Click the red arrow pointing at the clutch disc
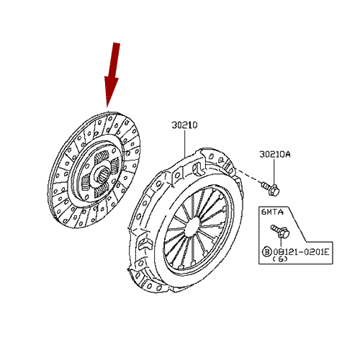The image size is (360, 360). click(x=112, y=74)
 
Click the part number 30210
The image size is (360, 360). click(x=184, y=125)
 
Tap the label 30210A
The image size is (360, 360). click(x=274, y=154)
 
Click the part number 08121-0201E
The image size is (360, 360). click(x=301, y=252)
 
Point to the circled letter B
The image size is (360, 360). click(x=266, y=252)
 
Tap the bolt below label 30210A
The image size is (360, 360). click(x=271, y=189)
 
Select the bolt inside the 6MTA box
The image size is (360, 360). click(x=280, y=231)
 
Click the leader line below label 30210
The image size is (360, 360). click(x=185, y=143)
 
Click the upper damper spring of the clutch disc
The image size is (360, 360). click(x=102, y=158)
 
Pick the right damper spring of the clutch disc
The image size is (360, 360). click(x=116, y=165)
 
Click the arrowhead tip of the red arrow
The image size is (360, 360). click(x=107, y=107)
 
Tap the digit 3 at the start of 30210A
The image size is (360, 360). click(x=261, y=154)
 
